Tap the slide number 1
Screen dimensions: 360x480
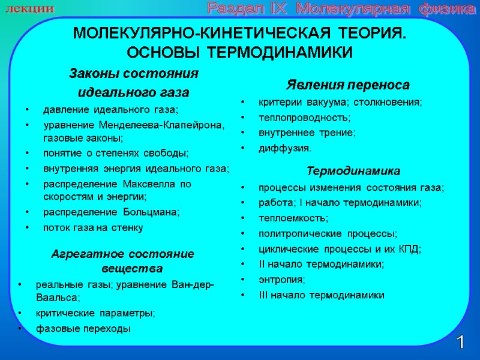[x=460, y=343]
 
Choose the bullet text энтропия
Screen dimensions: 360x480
[x=281, y=279]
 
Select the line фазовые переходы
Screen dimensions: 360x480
[x=83, y=329]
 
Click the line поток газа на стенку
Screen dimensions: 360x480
[x=93, y=227]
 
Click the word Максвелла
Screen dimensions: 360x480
[x=148, y=184]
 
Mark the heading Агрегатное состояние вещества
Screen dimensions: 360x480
[x=123, y=260]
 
